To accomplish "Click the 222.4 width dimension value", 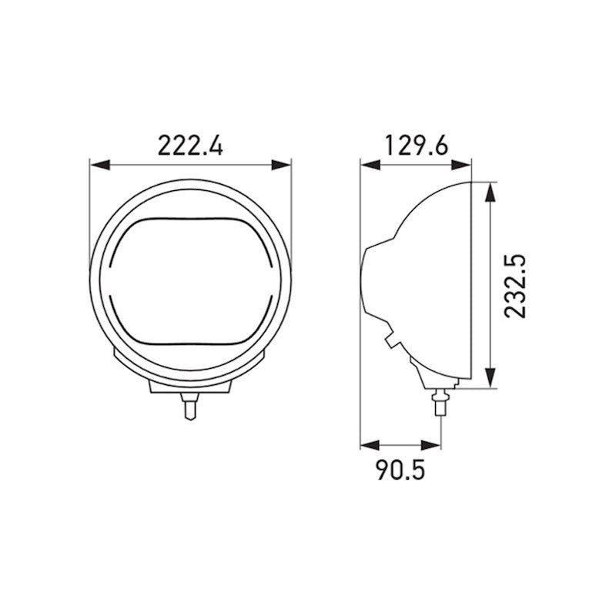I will (190, 145).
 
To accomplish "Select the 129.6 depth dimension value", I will (417, 145).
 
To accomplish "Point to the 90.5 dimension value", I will (400, 470).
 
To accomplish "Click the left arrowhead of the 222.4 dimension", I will (97, 164).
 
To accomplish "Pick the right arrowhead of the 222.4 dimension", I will (284, 164).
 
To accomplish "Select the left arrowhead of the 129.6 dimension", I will (368, 164).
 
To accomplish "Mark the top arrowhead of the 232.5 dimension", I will (490, 189).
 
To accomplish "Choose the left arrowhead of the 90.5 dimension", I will (368, 445).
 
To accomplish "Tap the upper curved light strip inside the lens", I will (190, 223).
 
